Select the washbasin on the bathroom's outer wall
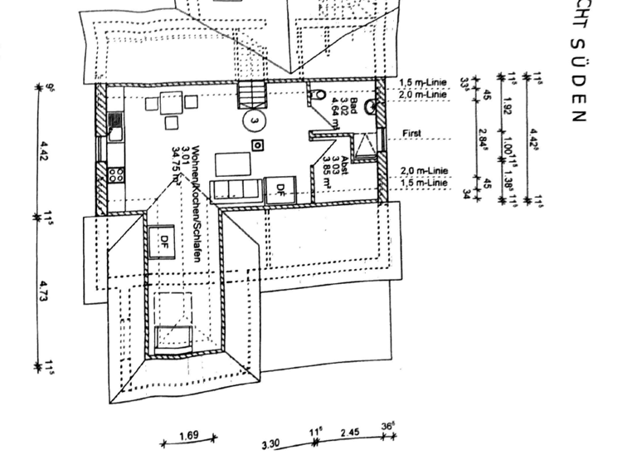click(370, 107)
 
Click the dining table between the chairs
click(171, 103)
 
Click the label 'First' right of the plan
click(411, 134)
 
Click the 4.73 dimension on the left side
click(46, 291)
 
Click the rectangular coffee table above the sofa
click(234, 160)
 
